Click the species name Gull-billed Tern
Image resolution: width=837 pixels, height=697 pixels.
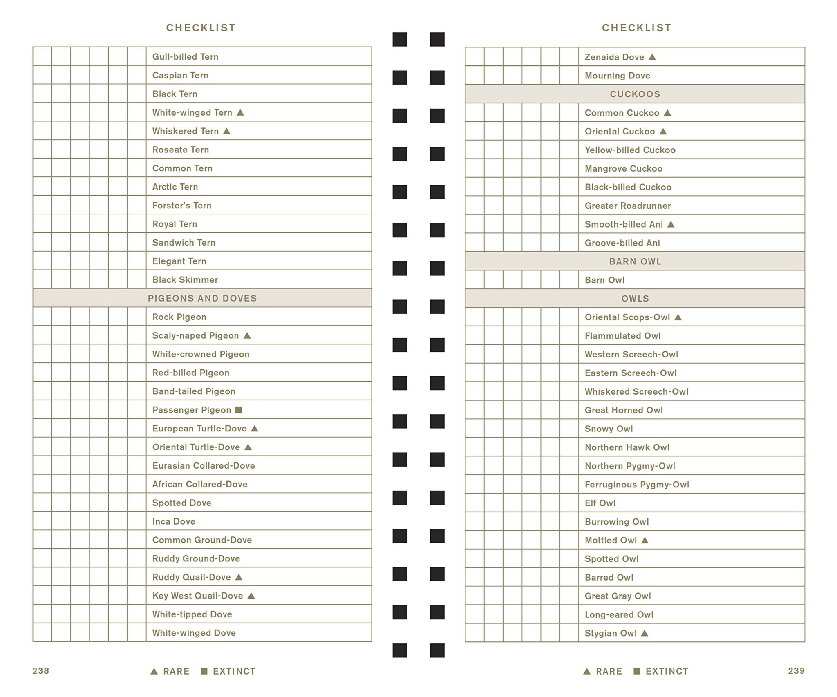pyautogui.click(x=185, y=57)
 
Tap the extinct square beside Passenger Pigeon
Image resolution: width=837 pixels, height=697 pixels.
pyautogui.click(x=239, y=409)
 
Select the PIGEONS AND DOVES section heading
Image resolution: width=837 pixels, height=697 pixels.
pyautogui.click(x=202, y=298)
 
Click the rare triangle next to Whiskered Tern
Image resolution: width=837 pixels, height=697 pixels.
pyautogui.click(x=227, y=131)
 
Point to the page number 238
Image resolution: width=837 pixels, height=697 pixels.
pyautogui.click(x=41, y=671)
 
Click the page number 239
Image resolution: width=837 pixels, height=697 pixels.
pyautogui.click(x=796, y=671)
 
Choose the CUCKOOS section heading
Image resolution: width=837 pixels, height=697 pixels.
pyautogui.click(x=635, y=94)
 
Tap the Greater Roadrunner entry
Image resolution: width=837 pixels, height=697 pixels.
pyautogui.click(x=627, y=206)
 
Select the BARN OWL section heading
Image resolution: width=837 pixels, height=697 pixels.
pyautogui.click(x=635, y=261)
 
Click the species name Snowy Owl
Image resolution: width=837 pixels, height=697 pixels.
pyautogui.click(x=609, y=429)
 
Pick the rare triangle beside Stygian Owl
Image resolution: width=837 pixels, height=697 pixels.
pyautogui.click(x=645, y=633)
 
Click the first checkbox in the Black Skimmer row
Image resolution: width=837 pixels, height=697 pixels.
pyautogui.click(x=42, y=279)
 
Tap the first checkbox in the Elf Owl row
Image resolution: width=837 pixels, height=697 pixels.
pyautogui.click(x=474, y=503)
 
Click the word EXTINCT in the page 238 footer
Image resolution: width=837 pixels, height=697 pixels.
pyautogui.click(x=234, y=671)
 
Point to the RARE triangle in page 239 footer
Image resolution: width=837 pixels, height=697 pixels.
pyautogui.click(x=586, y=671)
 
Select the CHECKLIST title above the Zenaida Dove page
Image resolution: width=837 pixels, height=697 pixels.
pyautogui.click(x=636, y=28)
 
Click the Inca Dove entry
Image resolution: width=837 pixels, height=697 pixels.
pyautogui.click(x=174, y=521)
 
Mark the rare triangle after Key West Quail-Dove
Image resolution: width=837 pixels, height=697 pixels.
pyautogui.click(x=251, y=596)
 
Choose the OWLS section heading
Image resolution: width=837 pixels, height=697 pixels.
pyautogui.click(x=635, y=299)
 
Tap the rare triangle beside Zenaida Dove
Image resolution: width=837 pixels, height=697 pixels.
pyautogui.click(x=652, y=57)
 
